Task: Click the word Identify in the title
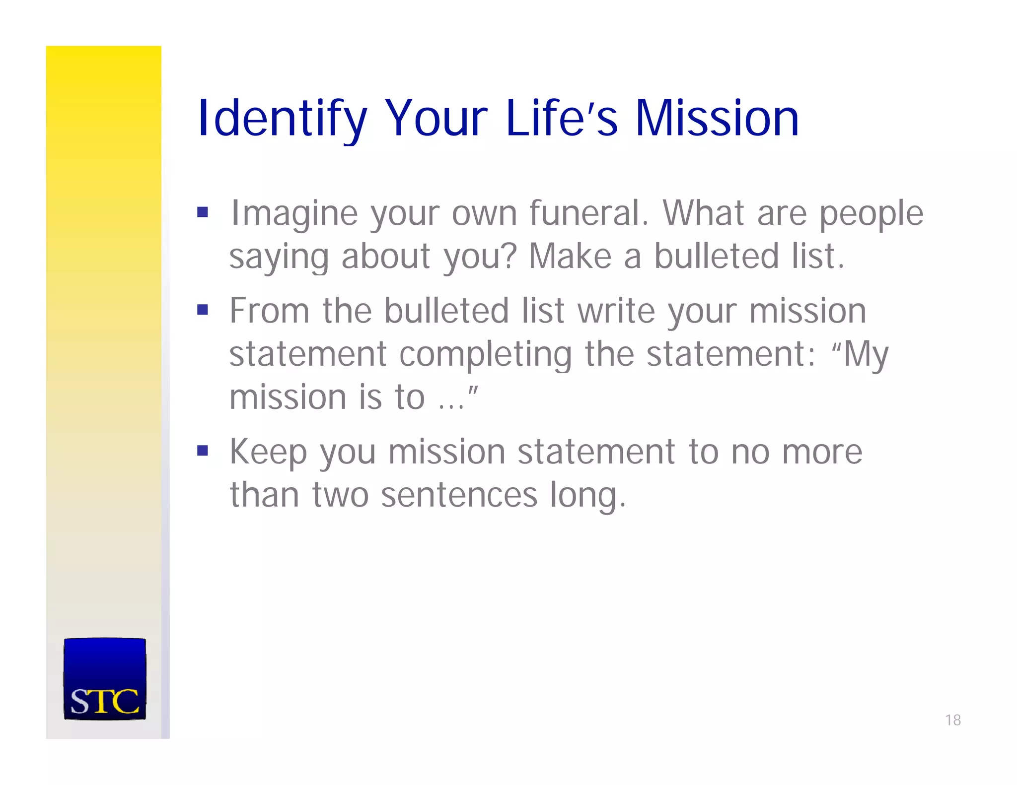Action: pyautogui.click(x=282, y=119)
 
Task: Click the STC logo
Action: pyautogui.click(x=105, y=679)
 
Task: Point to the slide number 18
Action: pyautogui.click(x=952, y=720)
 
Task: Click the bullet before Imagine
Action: pyautogui.click(x=202, y=212)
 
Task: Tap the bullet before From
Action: pyautogui.click(x=202, y=310)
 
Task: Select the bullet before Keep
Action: pyautogui.click(x=202, y=451)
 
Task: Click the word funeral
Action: pyautogui.click(x=588, y=213)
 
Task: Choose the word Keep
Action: pyautogui.click(x=268, y=453)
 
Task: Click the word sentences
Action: pyautogui.click(x=459, y=495)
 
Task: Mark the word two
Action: pyautogui.click(x=340, y=495)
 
